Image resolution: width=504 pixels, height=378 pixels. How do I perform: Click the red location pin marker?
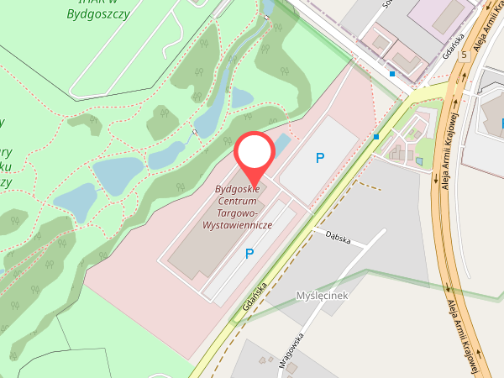(x=254, y=155)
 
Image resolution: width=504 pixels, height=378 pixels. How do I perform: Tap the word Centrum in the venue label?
(x=238, y=202)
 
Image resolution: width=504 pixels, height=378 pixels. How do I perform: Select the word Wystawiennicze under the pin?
(x=238, y=226)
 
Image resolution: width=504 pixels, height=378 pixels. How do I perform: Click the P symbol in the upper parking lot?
(x=319, y=158)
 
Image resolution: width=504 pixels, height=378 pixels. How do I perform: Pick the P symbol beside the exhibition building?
(x=249, y=253)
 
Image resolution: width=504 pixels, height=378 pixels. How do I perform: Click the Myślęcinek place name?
(x=323, y=296)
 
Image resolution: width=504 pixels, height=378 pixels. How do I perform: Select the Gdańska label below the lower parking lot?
(x=254, y=296)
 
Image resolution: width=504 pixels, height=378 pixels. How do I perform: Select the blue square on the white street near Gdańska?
(x=392, y=74)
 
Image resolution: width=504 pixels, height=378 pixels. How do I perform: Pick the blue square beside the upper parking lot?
(x=376, y=136)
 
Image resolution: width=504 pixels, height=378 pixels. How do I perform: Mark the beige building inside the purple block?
(x=449, y=14)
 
